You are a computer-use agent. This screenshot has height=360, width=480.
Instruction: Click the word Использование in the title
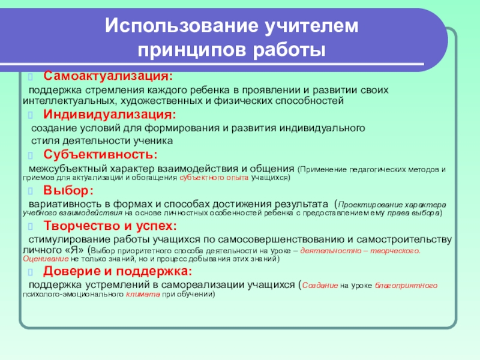coord(182,26)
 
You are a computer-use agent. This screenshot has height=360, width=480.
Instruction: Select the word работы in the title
coord(289,50)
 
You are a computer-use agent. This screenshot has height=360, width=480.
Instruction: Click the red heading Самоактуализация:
coord(108,76)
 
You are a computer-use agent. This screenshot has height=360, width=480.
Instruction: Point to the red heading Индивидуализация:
coord(110,115)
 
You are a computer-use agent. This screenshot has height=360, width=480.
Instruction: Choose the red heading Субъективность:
coord(100,154)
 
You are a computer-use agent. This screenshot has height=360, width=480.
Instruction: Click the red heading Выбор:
coord(68,190)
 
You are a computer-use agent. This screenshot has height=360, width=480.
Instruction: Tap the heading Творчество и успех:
coord(110,226)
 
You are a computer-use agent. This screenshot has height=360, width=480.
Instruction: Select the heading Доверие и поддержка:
coord(118,271)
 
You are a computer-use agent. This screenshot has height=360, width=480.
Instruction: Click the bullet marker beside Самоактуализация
coord(31,77)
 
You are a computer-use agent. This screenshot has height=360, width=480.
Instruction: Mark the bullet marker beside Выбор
coord(31,191)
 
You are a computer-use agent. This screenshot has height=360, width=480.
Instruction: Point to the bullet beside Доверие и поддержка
coord(31,272)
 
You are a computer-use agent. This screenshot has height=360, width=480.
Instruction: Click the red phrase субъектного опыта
coord(214,178)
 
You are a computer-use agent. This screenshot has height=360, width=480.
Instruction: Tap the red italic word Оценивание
coord(46,259)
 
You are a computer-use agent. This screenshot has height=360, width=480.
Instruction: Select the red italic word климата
coord(143,295)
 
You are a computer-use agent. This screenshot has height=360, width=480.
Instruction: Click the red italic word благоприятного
coord(406,286)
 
